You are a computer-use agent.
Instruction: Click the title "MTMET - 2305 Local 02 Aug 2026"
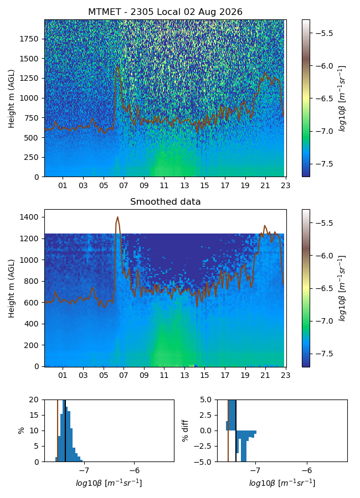pyautogui.click(x=165, y=12)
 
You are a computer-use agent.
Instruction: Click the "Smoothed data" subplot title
pyautogui.click(x=165, y=201)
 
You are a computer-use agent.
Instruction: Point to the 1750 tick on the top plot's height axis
pyautogui.click(x=29, y=39)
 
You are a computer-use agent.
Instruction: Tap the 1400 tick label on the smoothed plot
pyautogui.click(x=29, y=217)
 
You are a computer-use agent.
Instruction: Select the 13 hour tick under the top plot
pyautogui.click(x=184, y=185)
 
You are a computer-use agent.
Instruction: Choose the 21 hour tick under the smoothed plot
pyautogui.click(x=265, y=375)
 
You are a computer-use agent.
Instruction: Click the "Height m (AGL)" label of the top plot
pyautogui.click(x=12, y=99)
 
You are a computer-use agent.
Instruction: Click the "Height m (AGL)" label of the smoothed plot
pyautogui.click(x=12, y=288)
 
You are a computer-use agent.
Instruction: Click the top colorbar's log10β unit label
pyautogui.click(x=342, y=98)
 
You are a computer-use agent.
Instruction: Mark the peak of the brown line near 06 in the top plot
pyautogui.click(x=117, y=66)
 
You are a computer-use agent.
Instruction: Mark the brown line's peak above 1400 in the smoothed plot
pyautogui.click(x=117, y=217)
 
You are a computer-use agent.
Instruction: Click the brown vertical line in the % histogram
pyautogui.click(x=58, y=430)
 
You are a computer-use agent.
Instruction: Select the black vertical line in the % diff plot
pyautogui.click(x=235, y=430)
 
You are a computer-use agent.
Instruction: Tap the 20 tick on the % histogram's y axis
pyautogui.click(x=34, y=400)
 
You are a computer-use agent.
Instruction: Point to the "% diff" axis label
pyautogui.click(x=185, y=430)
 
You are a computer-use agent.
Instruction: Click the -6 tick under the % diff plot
pyautogui.click(x=307, y=470)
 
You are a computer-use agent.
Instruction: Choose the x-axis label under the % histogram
pyautogui.click(x=109, y=483)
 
